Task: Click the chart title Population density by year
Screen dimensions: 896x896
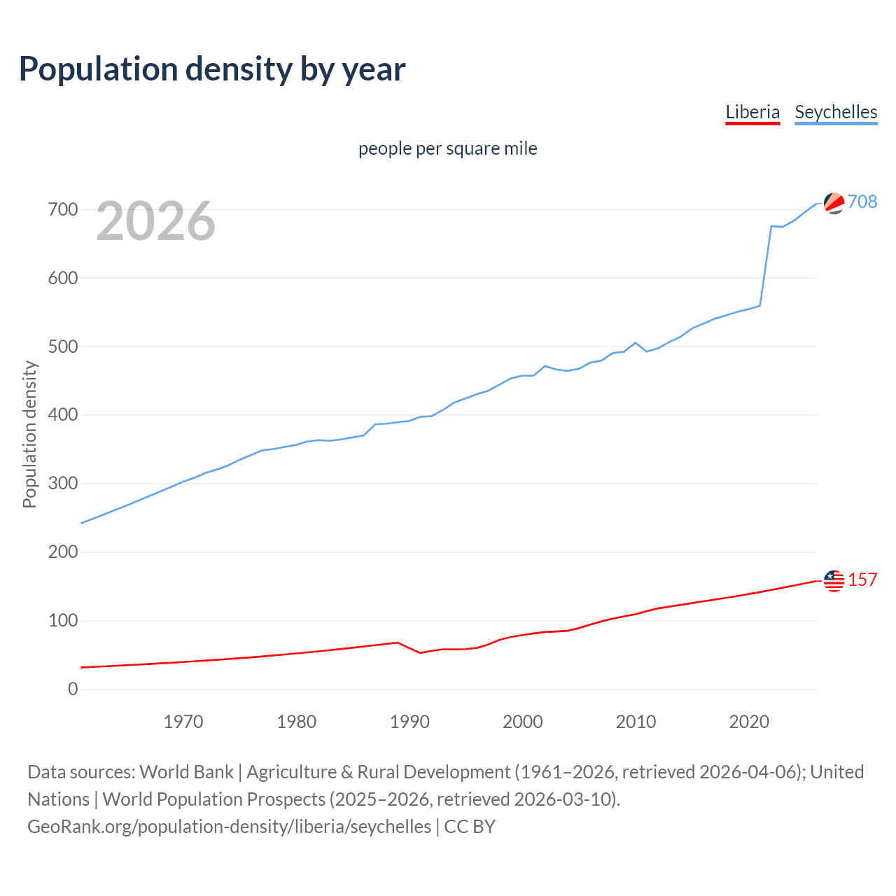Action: point(212,69)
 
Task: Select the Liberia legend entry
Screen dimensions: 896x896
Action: point(752,112)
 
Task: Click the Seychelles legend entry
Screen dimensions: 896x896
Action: point(836,112)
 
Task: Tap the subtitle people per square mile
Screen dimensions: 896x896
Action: point(448,148)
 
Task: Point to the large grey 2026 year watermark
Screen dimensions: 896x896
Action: point(155,221)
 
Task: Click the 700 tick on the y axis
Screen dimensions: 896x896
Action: point(63,209)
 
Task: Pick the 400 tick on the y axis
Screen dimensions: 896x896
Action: point(63,415)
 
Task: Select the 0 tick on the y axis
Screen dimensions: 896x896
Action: point(73,689)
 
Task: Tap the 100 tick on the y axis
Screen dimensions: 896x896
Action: point(63,620)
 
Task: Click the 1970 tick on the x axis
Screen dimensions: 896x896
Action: point(183,722)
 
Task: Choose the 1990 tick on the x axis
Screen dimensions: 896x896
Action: point(409,722)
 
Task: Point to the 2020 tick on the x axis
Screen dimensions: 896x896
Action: point(749,722)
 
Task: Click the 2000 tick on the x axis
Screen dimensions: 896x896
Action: point(523,722)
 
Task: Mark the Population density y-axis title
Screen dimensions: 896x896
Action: point(29,434)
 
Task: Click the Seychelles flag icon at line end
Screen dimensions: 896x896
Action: point(834,203)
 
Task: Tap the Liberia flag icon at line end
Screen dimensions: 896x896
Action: point(834,580)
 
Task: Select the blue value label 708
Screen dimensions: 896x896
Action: point(862,202)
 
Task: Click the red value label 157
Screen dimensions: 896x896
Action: point(862,580)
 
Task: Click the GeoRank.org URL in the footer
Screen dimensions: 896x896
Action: point(229,826)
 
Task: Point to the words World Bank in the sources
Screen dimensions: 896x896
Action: point(186,771)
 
